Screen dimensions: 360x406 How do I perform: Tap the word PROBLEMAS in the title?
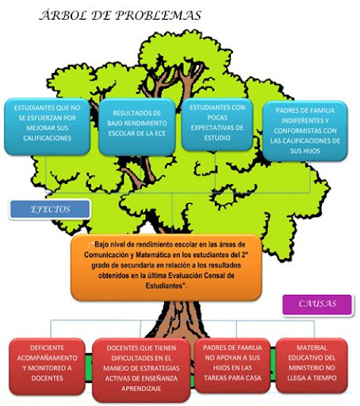pos(159,15)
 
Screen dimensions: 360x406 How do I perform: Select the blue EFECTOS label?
pos(50,209)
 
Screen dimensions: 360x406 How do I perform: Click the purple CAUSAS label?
pos(317,304)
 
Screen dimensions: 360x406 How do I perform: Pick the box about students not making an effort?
pos(47,126)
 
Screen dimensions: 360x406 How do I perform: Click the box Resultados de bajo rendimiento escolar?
pos(137,127)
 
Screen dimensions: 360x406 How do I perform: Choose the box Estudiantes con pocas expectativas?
pos(217,124)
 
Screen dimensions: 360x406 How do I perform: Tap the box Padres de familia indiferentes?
pos(305,131)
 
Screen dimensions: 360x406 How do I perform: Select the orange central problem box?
pos(167,267)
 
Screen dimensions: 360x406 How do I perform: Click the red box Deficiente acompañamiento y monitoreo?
pos(47,366)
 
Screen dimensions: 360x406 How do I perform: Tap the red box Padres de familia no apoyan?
pos(232,366)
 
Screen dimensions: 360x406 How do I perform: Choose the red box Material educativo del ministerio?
pos(312,366)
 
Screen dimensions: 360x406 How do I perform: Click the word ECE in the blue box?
pos(159,133)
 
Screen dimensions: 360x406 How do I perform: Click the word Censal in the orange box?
pos(216,276)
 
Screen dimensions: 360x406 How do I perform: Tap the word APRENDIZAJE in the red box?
pos(141,389)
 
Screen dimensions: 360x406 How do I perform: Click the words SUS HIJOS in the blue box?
pos(305,151)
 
